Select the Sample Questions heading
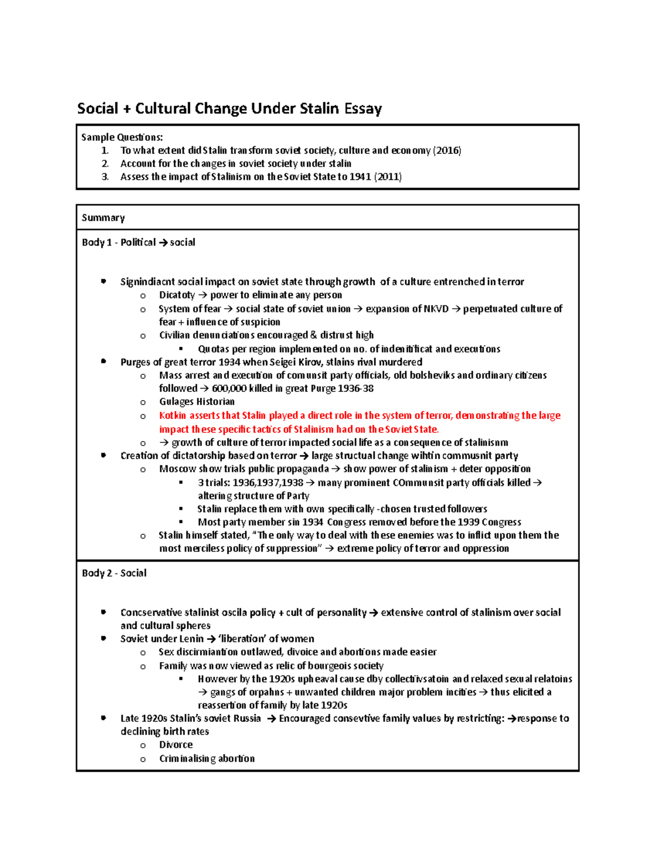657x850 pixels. click(122, 137)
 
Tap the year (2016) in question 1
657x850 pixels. click(447, 151)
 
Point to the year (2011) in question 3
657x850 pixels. click(388, 177)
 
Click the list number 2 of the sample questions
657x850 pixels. click(105, 164)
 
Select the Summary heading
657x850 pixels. click(103, 218)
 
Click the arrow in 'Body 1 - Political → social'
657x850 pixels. click(163, 242)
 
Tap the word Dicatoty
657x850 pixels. click(177, 295)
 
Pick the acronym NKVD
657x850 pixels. click(436, 309)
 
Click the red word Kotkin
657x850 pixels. click(172, 415)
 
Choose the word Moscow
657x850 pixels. click(177, 469)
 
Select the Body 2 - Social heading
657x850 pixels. click(114, 573)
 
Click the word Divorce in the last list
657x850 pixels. click(176, 745)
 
